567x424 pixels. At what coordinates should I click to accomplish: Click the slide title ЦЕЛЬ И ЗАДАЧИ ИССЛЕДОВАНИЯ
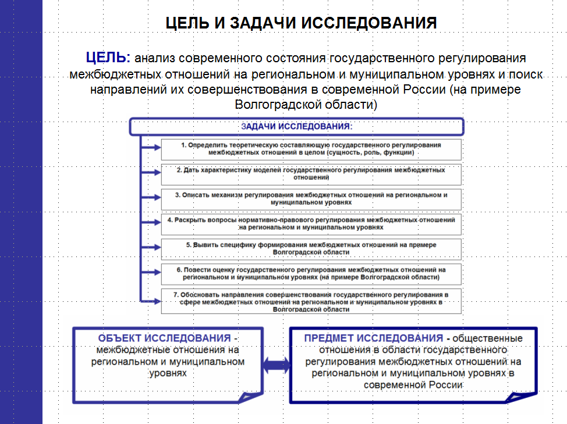301,23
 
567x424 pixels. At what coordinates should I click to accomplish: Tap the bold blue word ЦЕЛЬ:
108,57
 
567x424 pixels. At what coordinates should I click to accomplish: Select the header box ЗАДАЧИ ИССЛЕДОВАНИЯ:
297,127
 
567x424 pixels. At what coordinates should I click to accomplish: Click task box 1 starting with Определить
311,148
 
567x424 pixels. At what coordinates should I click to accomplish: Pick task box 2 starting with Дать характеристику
311,174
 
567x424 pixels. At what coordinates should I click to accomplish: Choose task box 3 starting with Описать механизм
311,199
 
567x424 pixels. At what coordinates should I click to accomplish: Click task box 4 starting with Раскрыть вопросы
311,224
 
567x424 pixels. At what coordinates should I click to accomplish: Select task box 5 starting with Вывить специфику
311,249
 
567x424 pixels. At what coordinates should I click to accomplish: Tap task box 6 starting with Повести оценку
311,274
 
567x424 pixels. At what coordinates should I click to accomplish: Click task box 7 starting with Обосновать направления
311,301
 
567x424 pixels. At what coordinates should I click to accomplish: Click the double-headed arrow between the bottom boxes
277,365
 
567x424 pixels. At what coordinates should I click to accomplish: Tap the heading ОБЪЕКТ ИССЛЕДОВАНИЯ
165,339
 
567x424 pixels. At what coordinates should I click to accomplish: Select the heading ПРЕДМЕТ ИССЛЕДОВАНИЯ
373,339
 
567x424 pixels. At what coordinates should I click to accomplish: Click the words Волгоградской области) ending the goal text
306,105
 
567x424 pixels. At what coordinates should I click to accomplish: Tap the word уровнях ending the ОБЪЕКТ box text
168,373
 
